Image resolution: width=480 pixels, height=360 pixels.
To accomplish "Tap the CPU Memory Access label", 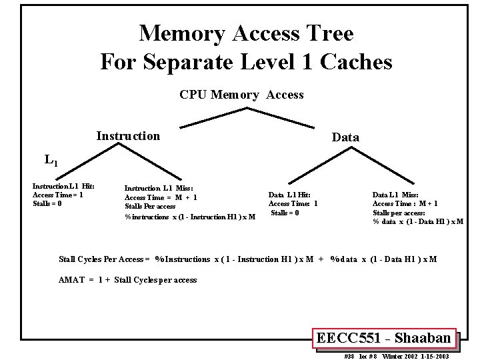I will coord(241,95).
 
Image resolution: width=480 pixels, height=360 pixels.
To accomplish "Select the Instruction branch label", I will coord(128,136).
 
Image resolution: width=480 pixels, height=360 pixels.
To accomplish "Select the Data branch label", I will coord(345,137).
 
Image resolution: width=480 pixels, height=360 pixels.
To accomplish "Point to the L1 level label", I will coord(51,160).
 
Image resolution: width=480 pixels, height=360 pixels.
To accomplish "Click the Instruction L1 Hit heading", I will coord(63,186).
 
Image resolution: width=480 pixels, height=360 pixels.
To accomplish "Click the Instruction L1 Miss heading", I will coord(158,189).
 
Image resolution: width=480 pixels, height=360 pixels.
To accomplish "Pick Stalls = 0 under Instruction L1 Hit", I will coord(47,203).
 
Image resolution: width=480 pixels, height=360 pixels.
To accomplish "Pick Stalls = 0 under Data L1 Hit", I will coord(285,213).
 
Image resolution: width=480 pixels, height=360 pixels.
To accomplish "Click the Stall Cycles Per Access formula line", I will coord(248,259).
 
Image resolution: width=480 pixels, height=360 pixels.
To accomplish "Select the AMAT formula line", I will coord(128,280).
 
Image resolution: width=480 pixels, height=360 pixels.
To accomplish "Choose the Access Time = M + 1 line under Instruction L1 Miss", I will coord(161,197).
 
